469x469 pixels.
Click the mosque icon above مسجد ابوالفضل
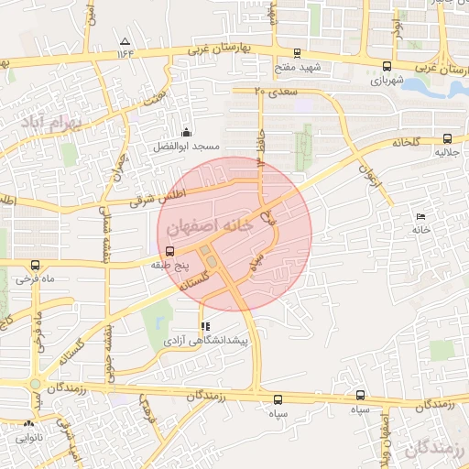tap(187, 132)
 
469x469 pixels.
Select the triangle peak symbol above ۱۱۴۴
tap(125, 41)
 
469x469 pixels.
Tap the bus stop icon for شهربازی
tap(387, 66)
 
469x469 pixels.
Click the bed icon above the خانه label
tap(420, 216)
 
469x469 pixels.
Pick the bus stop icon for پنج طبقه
tap(169, 251)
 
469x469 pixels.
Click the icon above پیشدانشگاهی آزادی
tap(205, 326)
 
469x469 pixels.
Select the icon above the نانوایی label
tap(28, 424)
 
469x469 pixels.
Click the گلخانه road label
tap(406, 142)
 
